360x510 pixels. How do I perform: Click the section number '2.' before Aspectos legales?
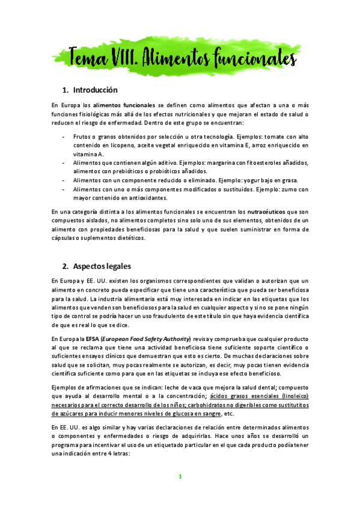click(66, 266)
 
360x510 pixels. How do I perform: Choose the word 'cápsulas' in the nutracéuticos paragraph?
click(67, 238)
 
